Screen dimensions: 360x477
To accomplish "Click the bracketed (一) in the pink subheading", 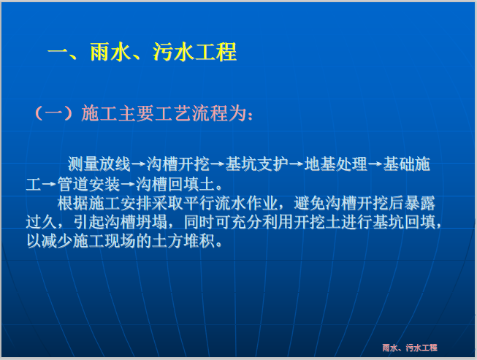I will pyautogui.click(x=53, y=114).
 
